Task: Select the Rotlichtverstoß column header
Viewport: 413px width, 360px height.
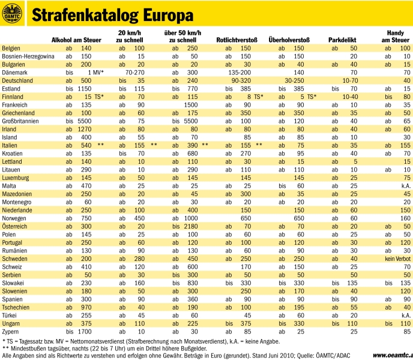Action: (237, 40)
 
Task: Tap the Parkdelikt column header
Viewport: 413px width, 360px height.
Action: (343, 40)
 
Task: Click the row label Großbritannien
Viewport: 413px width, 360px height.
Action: (21, 121)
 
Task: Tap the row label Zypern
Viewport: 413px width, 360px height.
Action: (12, 331)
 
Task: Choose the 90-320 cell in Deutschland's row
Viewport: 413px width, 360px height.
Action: (241, 80)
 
